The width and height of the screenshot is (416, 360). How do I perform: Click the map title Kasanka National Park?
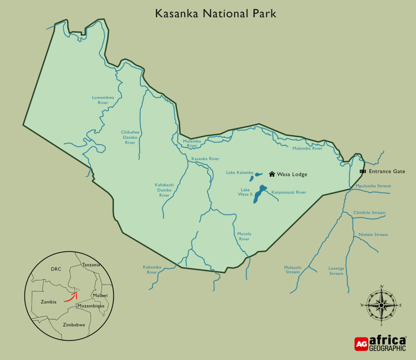[x=215, y=13]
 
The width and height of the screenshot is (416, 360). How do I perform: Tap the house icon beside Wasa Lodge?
[x=272, y=174]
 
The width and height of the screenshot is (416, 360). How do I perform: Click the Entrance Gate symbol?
[x=363, y=171]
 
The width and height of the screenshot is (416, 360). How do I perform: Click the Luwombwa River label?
[x=103, y=100]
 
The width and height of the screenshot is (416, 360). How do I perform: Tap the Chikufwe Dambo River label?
[x=130, y=137]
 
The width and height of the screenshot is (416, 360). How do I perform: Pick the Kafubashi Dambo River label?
[x=164, y=190]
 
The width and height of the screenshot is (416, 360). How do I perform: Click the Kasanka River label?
[x=205, y=159]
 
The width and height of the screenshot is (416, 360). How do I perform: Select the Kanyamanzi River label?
[x=288, y=192]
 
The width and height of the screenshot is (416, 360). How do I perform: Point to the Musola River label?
[x=244, y=236]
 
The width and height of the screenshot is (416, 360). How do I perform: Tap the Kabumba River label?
[x=152, y=269]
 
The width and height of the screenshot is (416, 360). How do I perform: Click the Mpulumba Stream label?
[x=373, y=186]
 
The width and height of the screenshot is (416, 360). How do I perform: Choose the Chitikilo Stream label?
[x=369, y=213]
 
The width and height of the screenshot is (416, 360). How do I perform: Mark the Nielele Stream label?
[x=373, y=234]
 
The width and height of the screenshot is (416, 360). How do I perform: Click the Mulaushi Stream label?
[x=292, y=269]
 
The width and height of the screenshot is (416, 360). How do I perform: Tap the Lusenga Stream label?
[x=336, y=271]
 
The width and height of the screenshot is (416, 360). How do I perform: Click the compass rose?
[x=381, y=305]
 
